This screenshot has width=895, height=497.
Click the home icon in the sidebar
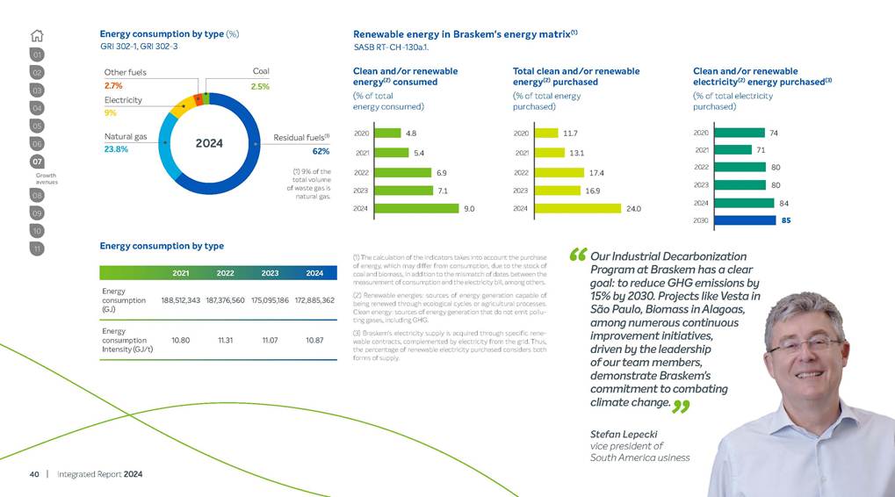coord(37,36)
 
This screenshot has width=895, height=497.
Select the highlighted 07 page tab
coord(37,162)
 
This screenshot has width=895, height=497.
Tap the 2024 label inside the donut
coord(209,143)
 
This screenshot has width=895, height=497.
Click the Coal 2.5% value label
coord(260,87)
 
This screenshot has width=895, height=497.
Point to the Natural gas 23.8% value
coord(116,149)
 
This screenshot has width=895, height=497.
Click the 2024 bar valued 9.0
coord(416,208)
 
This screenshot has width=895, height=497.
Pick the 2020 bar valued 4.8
coord(386,133)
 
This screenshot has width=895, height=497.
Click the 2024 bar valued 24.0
coord(577,208)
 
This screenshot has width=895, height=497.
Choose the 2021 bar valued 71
coord(739,150)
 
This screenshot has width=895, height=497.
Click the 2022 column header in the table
coord(225,273)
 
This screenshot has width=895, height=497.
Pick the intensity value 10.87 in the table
coord(314,339)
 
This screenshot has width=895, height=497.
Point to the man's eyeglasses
coord(805,343)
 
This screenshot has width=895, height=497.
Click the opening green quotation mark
coord(578,256)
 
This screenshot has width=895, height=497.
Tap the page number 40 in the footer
coord(34,474)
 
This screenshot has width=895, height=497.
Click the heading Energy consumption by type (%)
coord(169,34)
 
